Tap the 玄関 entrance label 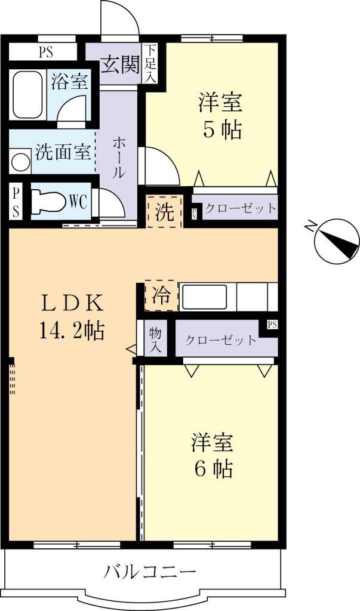tap(120, 63)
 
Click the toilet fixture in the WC tap(48, 201)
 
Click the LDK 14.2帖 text tap(72, 316)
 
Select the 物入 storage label tap(156, 341)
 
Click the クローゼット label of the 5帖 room tap(241, 208)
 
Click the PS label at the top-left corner tap(45, 52)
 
